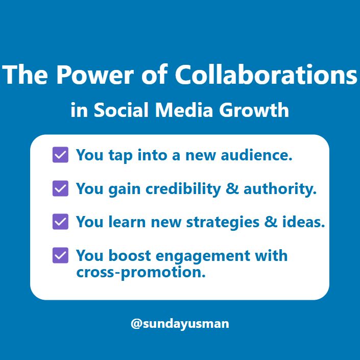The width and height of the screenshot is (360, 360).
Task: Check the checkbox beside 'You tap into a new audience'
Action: [x=60, y=155]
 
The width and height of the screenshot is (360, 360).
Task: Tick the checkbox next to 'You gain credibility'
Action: [x=60, y=188]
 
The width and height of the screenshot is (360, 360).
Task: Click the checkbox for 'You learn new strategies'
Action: [x=60, y=222]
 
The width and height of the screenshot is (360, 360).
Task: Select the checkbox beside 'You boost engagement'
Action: [x=60, y=255]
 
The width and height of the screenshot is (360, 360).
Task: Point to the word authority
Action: [x=280, y=189]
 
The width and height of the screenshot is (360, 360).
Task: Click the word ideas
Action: [x=305, y=222]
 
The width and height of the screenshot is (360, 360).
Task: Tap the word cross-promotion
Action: [x=141, y=272]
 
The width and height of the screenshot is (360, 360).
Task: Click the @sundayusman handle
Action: [x=180, y=324]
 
